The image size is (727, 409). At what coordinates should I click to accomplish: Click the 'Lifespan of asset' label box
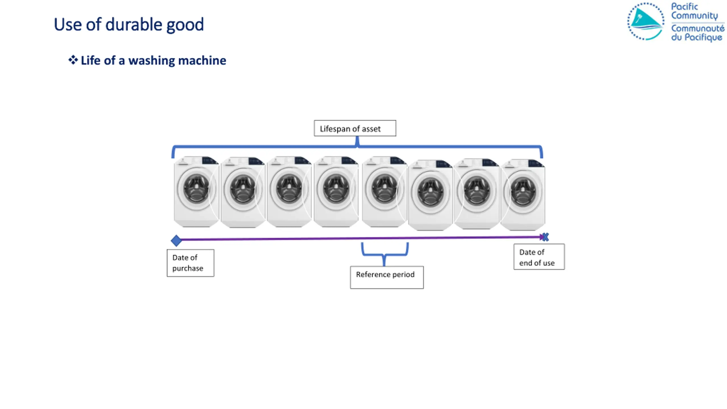click(x=355, y=128)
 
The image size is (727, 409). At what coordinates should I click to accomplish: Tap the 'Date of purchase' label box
click(x=190, y=263)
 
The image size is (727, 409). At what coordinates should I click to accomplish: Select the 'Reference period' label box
click(x=387, y=277)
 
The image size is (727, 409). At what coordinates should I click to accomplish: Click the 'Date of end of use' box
click(x=539, y=256)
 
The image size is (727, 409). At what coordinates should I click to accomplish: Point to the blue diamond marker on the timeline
click(x=176, y=241)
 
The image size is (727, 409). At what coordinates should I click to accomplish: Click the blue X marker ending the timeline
click(x=545, y=237)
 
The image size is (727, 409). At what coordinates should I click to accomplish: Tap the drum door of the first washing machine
click(x=196, y=189)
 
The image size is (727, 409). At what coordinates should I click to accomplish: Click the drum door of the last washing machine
click(x=523, y=192)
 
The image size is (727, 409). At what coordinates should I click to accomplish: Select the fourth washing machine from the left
click(x=336, y=192)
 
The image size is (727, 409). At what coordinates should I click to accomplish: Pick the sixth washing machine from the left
click(x=430, y=195)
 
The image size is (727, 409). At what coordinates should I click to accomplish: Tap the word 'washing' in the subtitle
click(x=152, y=60)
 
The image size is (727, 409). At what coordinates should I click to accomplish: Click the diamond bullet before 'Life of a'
click(x=73, y=60)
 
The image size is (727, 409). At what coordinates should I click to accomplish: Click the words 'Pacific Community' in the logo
click(x=694, y=11)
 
